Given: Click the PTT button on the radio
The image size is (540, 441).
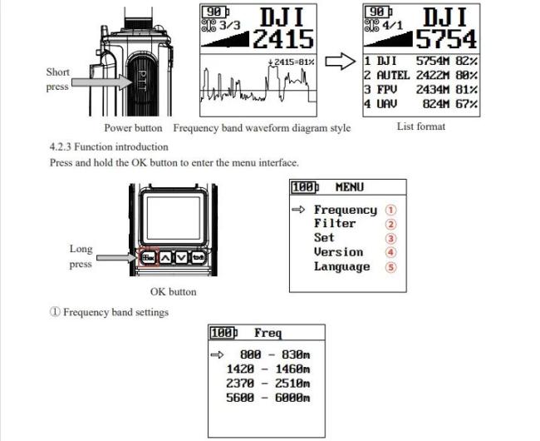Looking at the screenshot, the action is (141, 82).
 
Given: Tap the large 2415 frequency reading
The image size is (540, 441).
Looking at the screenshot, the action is (284, 39).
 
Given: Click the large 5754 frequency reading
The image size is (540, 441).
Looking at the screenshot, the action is (447, 39).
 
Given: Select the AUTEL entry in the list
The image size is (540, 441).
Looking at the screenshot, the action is (393, 75).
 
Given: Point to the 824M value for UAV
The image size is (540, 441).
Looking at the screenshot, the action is (436, 104).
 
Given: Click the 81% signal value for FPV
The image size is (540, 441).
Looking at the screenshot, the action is (467, 90).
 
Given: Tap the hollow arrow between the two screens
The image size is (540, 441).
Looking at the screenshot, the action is (341, 62).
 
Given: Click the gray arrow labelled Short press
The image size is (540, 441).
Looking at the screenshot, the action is (102, 82).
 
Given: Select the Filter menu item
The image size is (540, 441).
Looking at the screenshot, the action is (335, 224).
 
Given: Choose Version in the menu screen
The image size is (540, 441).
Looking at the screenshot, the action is (338, 252).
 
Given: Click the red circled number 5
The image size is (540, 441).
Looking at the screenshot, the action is (390, 267).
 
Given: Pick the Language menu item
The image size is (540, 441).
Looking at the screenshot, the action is (342, 267).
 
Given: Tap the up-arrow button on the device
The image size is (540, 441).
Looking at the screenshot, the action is (165, 257).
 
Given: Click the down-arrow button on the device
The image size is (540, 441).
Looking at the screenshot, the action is (181, 257).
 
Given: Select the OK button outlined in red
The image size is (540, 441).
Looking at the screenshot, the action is (149, 257).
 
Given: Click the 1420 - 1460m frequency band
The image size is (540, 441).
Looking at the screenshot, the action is (268, 369).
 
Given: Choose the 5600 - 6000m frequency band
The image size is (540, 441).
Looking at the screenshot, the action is (268, 398).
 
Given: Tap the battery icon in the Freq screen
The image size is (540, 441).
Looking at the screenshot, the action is (223, 333).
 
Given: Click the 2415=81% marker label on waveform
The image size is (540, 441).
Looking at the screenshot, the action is (292, 62).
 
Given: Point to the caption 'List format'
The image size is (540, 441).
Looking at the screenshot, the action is (421, 126).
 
